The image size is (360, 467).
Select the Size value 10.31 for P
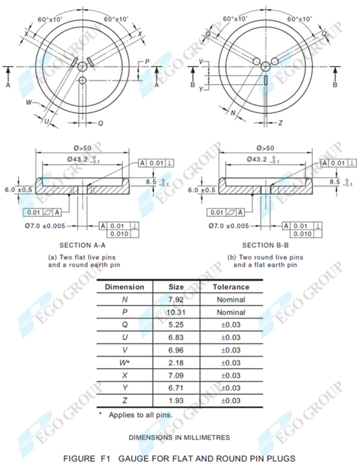pyautogui.click(x=176, y=312)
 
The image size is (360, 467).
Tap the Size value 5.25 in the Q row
pyautogui.click(x=176, y=326)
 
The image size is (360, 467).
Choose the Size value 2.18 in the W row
pyautogui.click(x=176, y=363)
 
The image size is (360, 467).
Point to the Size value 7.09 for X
pyautogui.click(x=176, y=376)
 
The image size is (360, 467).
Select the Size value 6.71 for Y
pyautogui.click(x=176, y=388)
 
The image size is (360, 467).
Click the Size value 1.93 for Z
pyautogui.click(x=176, y=401)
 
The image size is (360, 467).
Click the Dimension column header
pyautogui.click(x=124, y=287)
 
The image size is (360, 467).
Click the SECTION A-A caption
pyautogui.click(x=83, y=245)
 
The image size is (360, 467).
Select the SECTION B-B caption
pyautogui.click(x=266, y=245)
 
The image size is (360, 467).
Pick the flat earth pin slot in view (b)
pyautogui.click(x=265, y=80)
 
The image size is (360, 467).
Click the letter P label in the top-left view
pyautogui.click(x=147, y=62)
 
